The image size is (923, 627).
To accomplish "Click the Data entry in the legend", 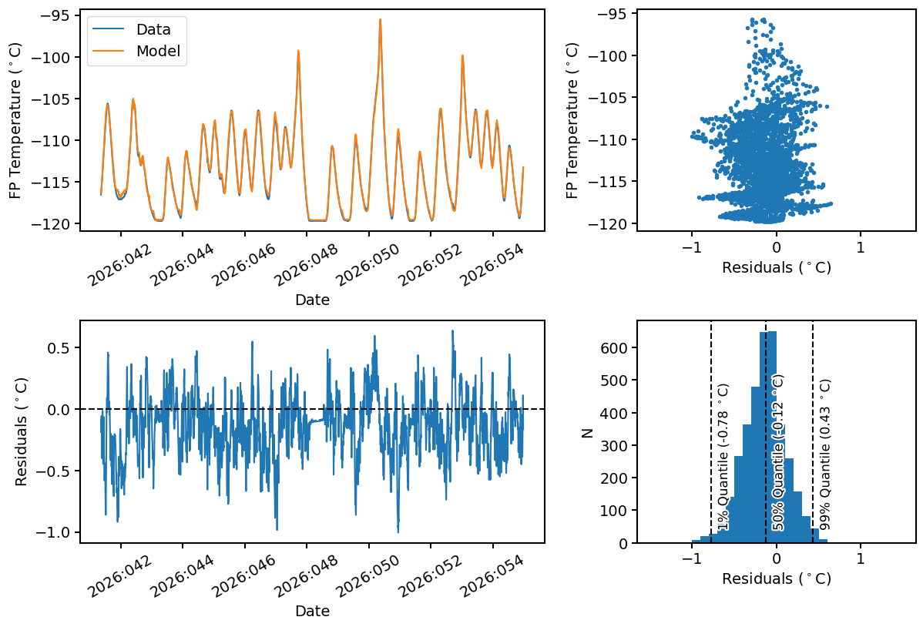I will pyautogui.click(x=153, y=30).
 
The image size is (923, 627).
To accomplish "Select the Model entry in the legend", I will pyautogui.click(x=158, y=51).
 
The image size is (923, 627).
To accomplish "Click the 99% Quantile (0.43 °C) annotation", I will pyautogui.click(x=825, y=454).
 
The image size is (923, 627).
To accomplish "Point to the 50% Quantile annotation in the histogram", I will pyautogui.click(x=778, y=453).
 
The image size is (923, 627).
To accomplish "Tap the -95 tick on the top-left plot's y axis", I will pyautogui.click(x=54, y=15).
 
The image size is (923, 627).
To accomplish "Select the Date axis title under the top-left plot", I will pyautogui.click(x=312, y=300).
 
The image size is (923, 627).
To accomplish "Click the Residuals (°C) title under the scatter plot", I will pyautogui.click(x=776, y=268).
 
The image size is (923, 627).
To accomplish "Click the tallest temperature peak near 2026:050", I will pyautogui.click(x=380, y=20).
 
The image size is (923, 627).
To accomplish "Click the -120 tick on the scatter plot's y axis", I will pyautogui.click(x=606, y=223).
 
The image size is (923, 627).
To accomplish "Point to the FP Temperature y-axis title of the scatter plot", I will pyautogui.click(x=572, y=119).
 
